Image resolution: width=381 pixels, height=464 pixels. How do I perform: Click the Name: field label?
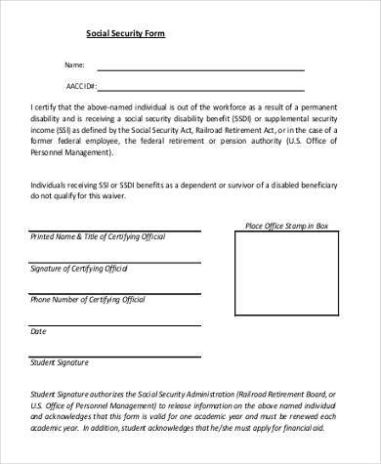[x=75, y=64]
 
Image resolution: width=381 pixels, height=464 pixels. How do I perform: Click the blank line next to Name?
[x=200, y=69]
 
